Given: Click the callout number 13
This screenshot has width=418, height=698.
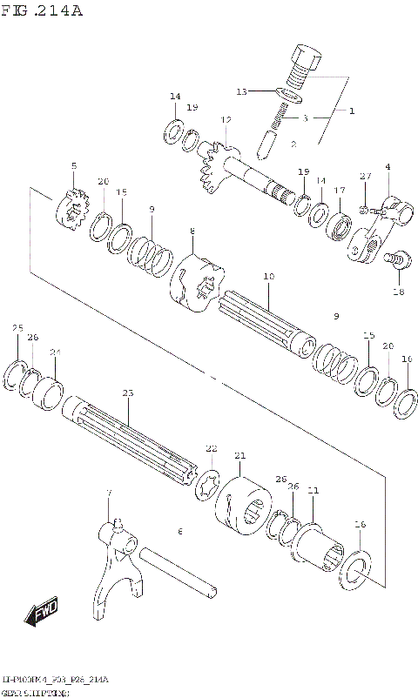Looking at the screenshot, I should coord(241,91).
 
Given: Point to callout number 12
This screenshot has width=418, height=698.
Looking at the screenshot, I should coord(226,119).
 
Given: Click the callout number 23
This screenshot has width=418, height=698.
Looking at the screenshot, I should coord(128,393).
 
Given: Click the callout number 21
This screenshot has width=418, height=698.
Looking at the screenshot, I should coord(240,455).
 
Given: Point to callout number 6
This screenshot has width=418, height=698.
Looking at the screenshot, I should coord(180,531).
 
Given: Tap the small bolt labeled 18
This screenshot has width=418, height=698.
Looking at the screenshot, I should coord(399,259).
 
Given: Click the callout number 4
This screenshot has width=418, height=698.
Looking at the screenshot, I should coord(387,166).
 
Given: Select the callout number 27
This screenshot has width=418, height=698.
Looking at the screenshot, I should coord(366,176).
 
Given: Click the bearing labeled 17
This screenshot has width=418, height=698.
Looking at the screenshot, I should coord(340,224).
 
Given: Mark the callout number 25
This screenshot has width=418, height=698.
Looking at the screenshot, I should coord(17,327).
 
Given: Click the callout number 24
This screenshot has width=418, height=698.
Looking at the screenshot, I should coord(57,352).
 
